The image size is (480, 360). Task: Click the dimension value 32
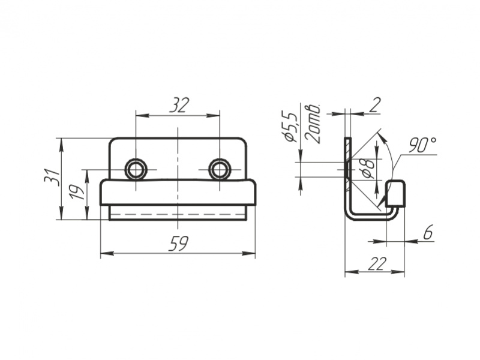[178, 106]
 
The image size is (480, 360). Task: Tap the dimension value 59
[179, 244]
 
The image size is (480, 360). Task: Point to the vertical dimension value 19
[77, 192]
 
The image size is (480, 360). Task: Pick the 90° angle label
[422, 145]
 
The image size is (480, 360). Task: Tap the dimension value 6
[427, 232]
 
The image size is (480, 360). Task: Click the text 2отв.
[313, 123]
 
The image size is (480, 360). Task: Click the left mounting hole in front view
[136, 169]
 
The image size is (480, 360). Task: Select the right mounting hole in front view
[220, 169]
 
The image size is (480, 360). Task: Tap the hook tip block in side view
[395, 193]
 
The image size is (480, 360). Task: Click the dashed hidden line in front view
[178, 213]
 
